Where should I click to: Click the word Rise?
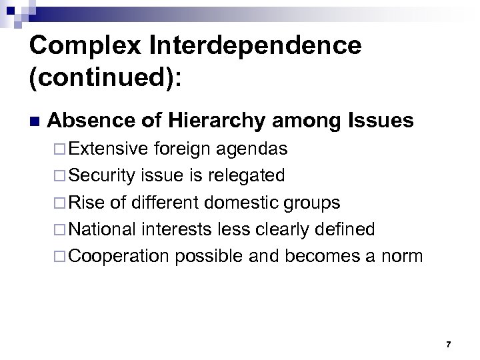[83, 202]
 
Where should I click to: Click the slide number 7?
[448, 344]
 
